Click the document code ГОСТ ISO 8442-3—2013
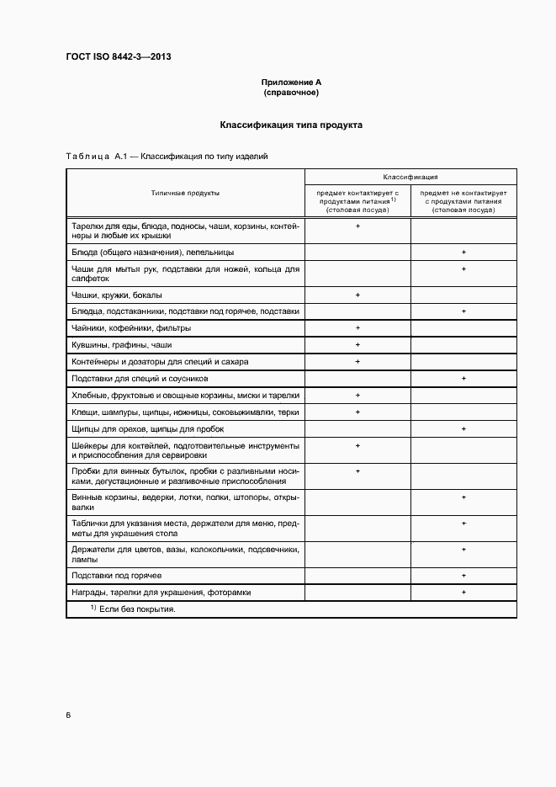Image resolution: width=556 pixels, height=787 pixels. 118,56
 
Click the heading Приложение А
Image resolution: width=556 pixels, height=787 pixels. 291,82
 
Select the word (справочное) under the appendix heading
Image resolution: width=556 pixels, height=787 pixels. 291,93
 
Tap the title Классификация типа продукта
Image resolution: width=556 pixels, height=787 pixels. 291,125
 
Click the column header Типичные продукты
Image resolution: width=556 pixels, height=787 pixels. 185,193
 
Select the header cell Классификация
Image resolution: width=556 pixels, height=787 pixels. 410,178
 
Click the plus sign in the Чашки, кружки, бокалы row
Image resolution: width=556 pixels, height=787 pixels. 357,295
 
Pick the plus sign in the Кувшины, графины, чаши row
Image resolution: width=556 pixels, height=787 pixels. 357,344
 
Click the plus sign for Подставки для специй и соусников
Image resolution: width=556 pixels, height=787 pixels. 463,378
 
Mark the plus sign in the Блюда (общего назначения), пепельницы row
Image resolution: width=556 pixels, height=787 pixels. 463,252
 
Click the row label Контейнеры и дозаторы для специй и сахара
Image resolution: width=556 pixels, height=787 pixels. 160,361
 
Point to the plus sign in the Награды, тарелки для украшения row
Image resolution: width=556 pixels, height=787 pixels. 463,592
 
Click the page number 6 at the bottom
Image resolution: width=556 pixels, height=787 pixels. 68,715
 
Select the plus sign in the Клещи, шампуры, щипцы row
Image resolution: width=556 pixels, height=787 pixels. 357,412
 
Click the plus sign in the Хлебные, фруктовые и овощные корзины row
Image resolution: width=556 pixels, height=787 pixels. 357,395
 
